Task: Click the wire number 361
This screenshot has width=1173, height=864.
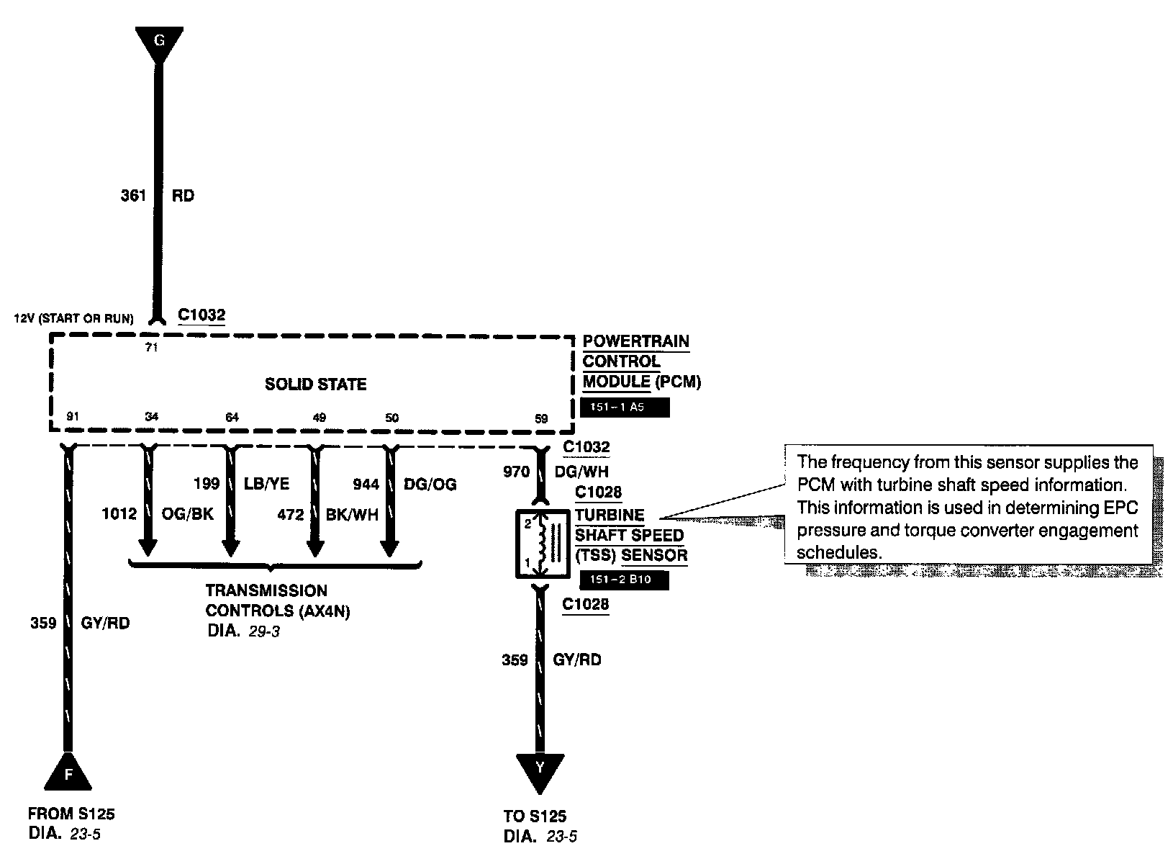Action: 133,195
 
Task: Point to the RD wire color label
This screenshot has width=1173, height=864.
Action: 183,195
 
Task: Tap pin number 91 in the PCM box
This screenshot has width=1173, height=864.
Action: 72,416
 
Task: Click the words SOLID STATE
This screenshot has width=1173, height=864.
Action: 315,384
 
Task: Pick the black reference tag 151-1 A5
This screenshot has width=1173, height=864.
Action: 625,408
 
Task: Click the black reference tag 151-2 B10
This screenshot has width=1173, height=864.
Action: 624,579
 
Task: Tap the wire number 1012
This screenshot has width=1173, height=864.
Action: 119,514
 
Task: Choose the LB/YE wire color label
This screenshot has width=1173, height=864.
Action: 266,484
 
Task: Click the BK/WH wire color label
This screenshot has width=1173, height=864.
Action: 353,515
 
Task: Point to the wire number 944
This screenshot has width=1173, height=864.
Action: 366,484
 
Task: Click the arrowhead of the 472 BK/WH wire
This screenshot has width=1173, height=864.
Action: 314,547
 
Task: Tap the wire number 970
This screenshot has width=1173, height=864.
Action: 516,472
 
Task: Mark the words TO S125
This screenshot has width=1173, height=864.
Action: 535,816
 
